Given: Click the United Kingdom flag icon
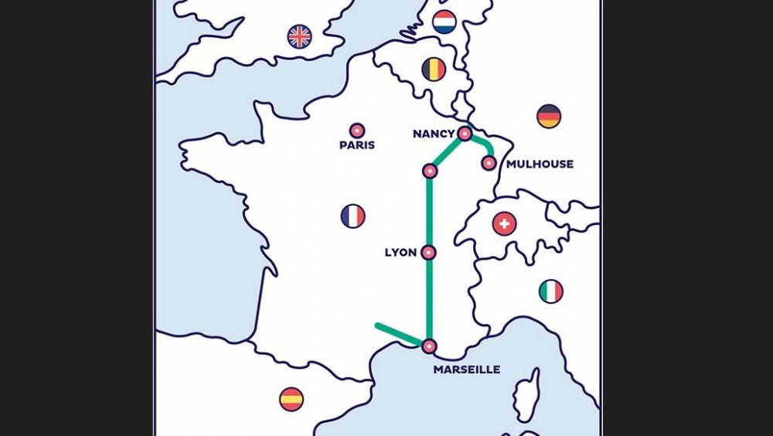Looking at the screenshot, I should [299, 36].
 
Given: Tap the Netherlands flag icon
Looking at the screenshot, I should [444, 22].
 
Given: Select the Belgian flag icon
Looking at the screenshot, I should [434, 70].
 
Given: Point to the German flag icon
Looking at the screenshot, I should [549, 116].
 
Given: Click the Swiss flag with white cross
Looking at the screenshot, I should [504, 224].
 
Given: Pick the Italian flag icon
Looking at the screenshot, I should [550, 291].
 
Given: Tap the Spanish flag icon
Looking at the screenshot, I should [291, 399].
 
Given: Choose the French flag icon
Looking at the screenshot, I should [352, 216].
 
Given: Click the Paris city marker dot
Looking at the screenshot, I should [357, 131].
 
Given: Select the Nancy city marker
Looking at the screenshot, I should [465, 134].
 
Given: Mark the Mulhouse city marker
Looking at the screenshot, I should [489, 163].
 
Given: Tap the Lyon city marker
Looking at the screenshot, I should [429, 252].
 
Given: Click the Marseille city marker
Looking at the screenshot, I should [429, 346].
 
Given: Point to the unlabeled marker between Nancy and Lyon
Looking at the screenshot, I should [430, 170].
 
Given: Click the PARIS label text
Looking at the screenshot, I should [357, 145].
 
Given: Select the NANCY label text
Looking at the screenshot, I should [434, 134].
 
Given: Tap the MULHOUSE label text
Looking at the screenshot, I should [540, 164].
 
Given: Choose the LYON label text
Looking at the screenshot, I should [400, 253].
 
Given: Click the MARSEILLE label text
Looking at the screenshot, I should [466, 370].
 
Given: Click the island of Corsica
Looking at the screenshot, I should [528, 394].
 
